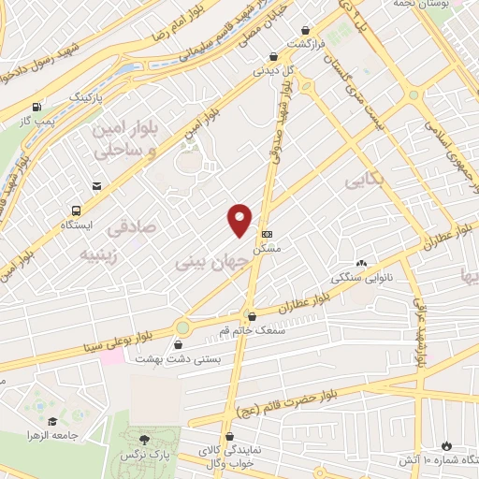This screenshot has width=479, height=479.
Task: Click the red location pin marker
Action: click(x=240, y=220)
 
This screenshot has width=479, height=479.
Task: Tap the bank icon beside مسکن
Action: click(x=268, y=233)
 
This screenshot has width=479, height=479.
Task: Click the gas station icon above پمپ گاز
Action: click(x=36, y=107)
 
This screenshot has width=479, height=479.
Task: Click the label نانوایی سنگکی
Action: click(x=358, y=278)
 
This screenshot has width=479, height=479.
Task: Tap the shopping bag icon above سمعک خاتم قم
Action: click(x=250, y=315)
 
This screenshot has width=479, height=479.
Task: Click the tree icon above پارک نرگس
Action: click(x=143, y=438)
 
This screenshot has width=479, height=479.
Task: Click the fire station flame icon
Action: click(x=445, y=445)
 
